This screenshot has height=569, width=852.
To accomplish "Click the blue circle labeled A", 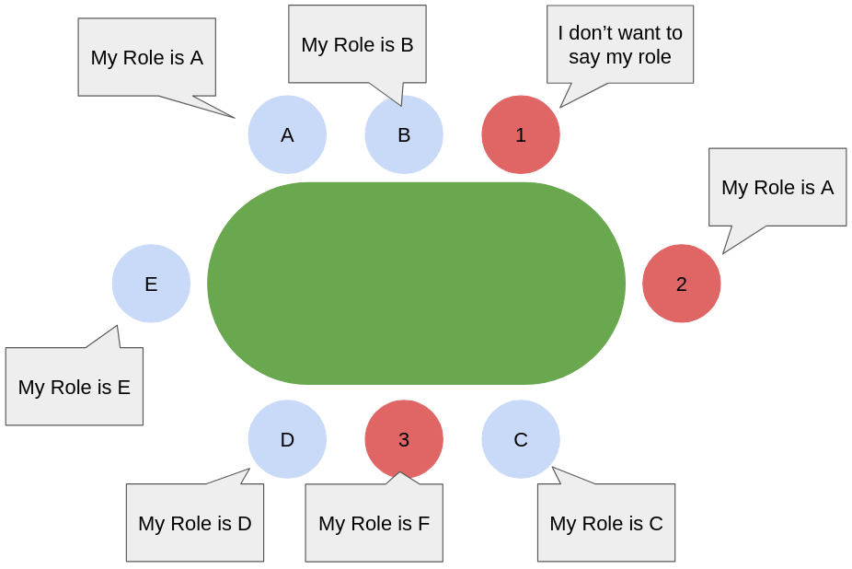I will click(x=287, y=134).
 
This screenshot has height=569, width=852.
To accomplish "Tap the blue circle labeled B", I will click(x=404, y=134).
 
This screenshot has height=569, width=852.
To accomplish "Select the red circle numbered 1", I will click(x=521, y=134).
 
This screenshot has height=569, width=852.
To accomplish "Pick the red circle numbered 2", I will click(x=681, y=284).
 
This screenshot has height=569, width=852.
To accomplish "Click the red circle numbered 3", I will click(x=404, y=439).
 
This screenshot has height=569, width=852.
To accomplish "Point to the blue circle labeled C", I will click(x=521, y=439).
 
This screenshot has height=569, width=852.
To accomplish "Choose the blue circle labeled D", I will click(x=287, y=439).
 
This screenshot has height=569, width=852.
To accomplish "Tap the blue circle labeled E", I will click(x=151, y=284).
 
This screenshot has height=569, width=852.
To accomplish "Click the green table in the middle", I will click(x=416, y=284).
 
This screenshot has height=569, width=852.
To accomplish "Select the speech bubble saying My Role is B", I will click(x=357, y=44).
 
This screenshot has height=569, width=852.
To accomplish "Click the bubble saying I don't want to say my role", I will click(x=620, y=44).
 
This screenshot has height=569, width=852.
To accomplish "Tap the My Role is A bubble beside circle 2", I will click(x=777, y=187).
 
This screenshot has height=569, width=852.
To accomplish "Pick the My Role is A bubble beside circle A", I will click(x=146, y=57).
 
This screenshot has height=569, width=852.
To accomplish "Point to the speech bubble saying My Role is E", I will click(x=75, y=387).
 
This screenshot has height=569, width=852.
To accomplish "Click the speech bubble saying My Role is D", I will click(x=195, y=523).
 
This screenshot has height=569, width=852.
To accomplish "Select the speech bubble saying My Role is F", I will click(x=374, y=523).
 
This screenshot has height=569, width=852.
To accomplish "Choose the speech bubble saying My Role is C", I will click(x=606, y=523).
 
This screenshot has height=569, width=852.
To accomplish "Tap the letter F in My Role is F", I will click(x=423, y=523).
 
